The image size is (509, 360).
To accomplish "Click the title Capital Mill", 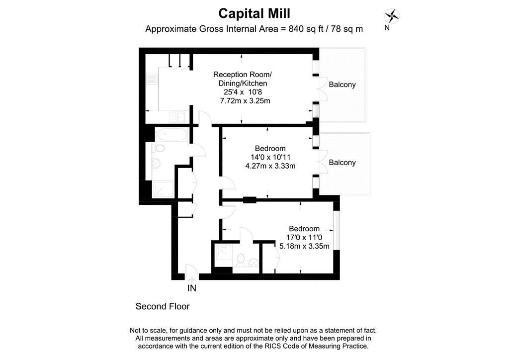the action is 254,13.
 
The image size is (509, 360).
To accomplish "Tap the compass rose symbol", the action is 392,16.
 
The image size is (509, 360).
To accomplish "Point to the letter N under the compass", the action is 387,28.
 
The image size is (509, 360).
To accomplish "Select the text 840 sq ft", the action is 306,29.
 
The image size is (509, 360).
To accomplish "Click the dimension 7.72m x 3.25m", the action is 245,100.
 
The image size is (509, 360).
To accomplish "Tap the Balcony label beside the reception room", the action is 342,85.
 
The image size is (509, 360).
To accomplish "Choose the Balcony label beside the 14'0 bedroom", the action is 342,162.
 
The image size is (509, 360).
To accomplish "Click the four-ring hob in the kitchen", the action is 152,79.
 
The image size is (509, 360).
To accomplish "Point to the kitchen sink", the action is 177,116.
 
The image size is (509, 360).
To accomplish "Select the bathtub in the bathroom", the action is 171,134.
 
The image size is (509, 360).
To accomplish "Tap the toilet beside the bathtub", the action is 159,148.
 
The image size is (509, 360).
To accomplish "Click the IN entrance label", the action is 192,288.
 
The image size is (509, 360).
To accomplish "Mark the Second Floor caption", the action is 163,306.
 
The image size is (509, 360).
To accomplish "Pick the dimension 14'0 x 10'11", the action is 270,157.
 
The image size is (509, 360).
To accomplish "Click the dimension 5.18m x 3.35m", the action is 305,246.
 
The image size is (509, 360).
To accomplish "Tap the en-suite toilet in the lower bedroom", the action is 241,260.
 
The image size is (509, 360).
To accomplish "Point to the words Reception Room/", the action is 243,75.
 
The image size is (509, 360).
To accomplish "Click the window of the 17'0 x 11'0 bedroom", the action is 337,231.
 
